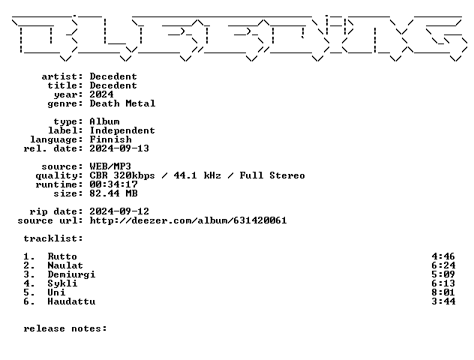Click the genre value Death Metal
122,103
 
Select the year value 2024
101,94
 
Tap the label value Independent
122,130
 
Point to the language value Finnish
111,139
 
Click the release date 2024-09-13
119,148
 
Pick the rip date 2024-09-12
119,211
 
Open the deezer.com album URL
188,220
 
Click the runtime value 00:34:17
114,184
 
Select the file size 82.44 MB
114,193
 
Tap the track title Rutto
62,256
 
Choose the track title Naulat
65,265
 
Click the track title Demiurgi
72,274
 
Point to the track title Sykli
62,283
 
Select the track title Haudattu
72,301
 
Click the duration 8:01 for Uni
443,292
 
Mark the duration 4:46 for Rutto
443,256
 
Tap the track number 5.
29,292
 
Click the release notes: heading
65,328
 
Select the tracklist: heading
53,238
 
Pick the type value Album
104,121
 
